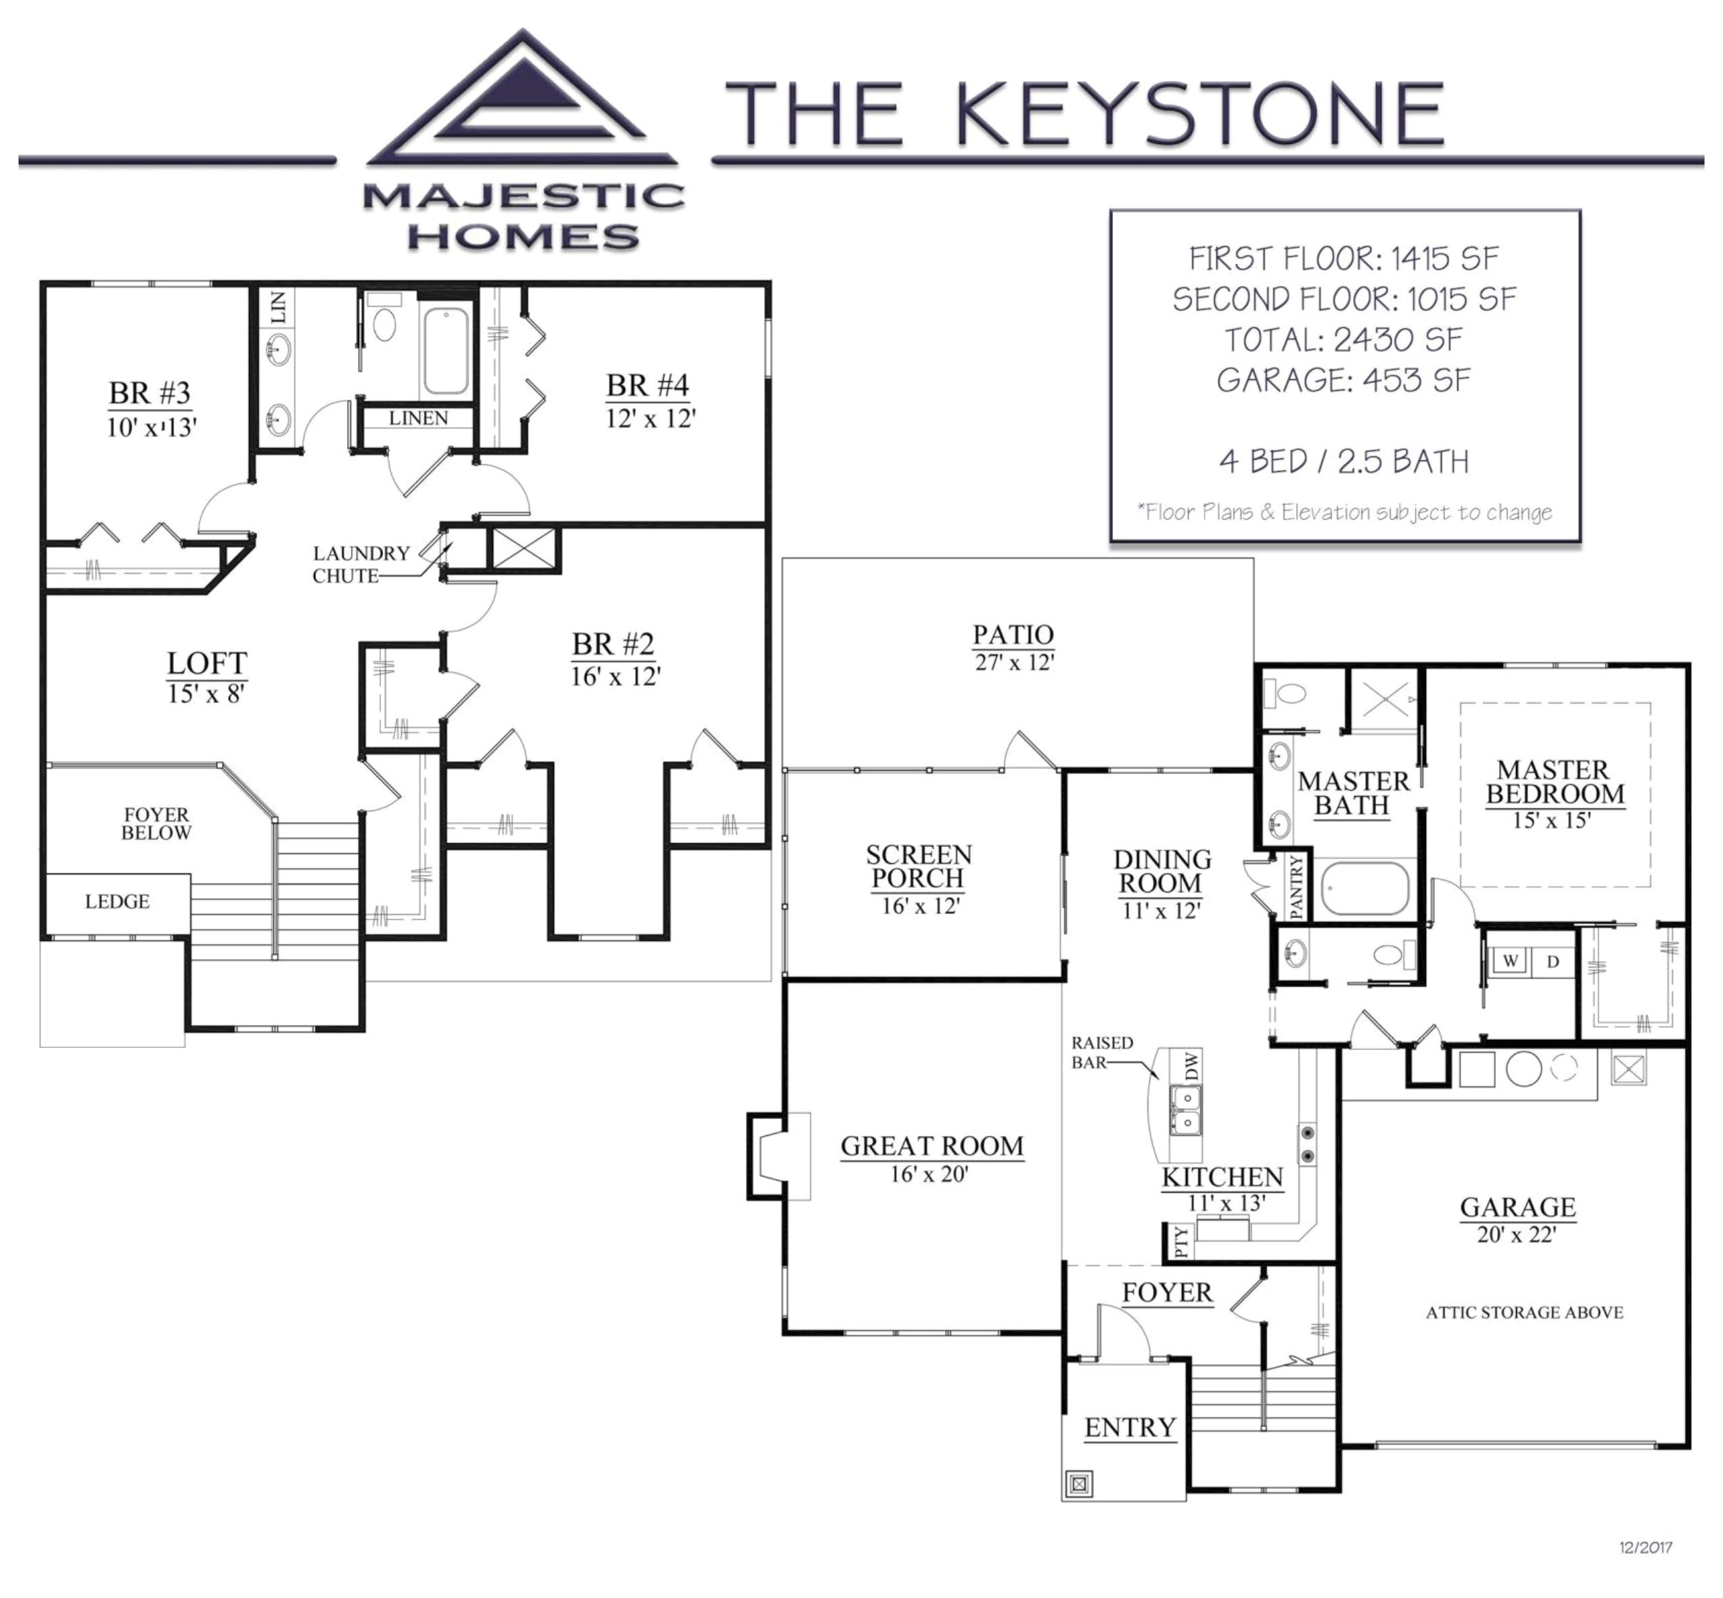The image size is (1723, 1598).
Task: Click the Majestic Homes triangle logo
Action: click(x=522, y=104)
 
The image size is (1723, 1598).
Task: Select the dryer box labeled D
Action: click(x=1553, y=961)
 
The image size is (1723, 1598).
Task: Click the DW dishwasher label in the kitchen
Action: click(x=1192, y=1066)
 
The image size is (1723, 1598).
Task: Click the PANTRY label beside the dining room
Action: click(x=1296, y=886)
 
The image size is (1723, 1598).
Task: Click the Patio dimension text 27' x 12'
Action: click(x=1013, y=662)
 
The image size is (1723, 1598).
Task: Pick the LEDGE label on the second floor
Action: click(x=117, y=901)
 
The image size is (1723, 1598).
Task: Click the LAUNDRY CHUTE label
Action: click(x=361, y=564)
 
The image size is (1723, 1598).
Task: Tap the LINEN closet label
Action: click(x=419, y=419)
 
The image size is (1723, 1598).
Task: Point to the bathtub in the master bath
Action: click(x=1364, y=888)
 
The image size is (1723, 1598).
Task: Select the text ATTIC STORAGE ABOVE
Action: click(x=1524, y=1312)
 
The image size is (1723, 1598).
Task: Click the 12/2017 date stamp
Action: click(x=1645, y=1548)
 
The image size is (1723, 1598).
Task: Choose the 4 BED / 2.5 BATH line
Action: click(x=1343, y=462)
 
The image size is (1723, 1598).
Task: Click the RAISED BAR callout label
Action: click(x=1101, y=1051)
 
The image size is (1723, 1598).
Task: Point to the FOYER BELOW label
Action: click(x=156, y=823)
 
